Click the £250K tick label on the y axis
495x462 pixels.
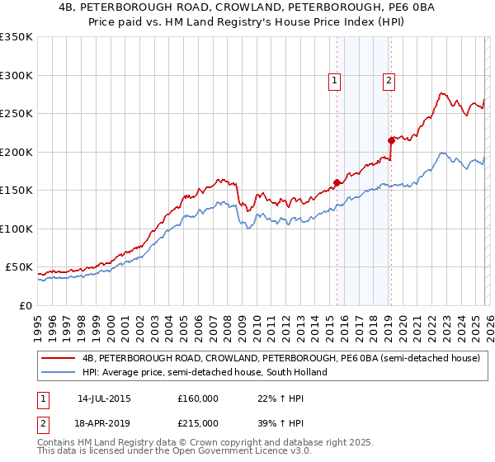pyautogui.click(x=16, y=114)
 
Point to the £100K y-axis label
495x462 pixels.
pyautogui.click(x=16, y=229)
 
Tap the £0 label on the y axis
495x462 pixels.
pyautogui.click(x=26, y=305)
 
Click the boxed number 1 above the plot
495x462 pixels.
pyautogui.click(x=335, y=81)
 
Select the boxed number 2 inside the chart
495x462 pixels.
pyautogui.click(x=388, y=81)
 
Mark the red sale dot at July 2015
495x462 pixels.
pyautogui.click(x=337, y=183)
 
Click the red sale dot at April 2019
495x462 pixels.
pyautogui.click(x=391, y=141)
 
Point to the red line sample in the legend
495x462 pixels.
pyautogui.click(x=59, y=359)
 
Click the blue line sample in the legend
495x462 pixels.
pyautogui.click(x=59, y=372)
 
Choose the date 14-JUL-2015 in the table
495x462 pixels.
pyautogui.click(x=104, y=398)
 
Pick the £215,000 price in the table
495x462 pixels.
pyautogui.click(x=198, y=422)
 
